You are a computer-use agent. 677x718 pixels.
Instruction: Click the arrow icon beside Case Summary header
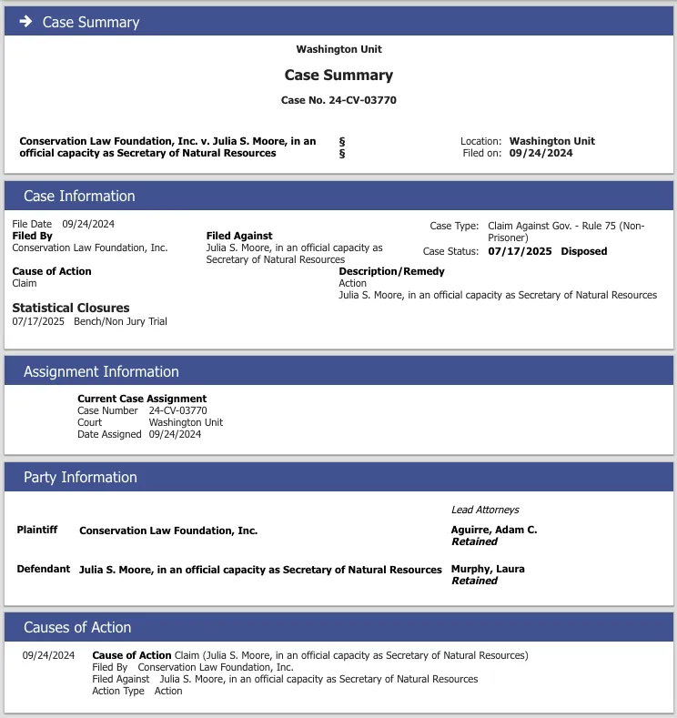click(x=25, y=21)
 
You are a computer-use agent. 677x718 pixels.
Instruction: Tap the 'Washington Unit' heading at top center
click(x=338, y=49)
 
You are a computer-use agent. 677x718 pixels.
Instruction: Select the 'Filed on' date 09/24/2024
click(x=541, y=153)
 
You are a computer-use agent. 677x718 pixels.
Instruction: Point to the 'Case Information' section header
click(x=79, y=196)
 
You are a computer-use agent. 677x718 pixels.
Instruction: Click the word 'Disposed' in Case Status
click(x=583, y=251)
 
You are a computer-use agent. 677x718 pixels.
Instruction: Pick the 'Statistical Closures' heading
click(x=71, y=308)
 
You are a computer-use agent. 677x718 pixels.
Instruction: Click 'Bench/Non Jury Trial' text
click(x=120, y=321)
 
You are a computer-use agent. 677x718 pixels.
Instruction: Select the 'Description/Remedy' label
click(x=391, y=271)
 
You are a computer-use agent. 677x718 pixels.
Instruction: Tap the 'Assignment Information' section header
click(x=101, y=371)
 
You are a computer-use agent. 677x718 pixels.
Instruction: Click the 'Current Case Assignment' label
click(x=142, y=399)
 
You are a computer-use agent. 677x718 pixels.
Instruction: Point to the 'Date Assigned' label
click(x=109, y=434)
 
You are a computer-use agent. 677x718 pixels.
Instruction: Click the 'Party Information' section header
click(x=80, y=477)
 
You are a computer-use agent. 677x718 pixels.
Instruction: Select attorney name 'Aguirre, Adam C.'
click(x=494, y=530)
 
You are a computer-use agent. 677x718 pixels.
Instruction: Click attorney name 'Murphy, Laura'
click(x=488, y=569)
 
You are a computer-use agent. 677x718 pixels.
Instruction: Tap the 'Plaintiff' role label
click(x=37, y=530)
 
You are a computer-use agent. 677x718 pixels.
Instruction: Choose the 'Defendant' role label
click(x=43, y=569)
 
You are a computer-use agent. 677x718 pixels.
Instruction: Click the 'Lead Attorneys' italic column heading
click(x=485, y=510)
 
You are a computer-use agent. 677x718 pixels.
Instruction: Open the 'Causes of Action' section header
click(x=77, y=627)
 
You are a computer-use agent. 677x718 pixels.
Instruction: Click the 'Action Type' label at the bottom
click(x=118, y=691)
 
